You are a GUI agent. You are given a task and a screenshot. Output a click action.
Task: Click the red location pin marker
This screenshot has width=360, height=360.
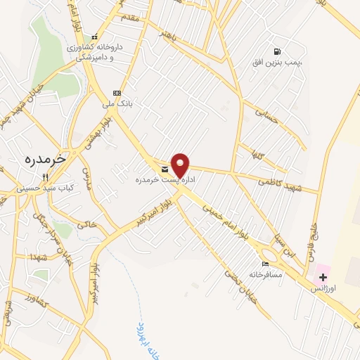pos(181,165)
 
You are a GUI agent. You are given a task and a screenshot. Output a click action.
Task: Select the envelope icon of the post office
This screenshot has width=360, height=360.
pos(165,169)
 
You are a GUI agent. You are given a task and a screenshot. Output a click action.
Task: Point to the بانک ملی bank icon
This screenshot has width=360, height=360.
pos(117,93)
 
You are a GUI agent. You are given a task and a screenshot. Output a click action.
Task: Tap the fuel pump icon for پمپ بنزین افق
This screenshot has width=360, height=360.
pos(278,51)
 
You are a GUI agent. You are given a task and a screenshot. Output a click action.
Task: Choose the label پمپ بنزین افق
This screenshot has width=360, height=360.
pos(278,63)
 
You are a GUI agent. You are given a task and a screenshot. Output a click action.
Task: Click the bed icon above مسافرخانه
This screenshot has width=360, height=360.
pos(264,264)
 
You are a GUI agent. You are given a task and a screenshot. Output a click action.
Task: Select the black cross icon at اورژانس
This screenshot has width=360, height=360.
pos(323,277)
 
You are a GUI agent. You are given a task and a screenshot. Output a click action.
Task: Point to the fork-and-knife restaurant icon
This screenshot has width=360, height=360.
pos(46,177)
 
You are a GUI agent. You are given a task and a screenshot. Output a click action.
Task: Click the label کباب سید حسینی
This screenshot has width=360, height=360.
pos(46,189)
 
